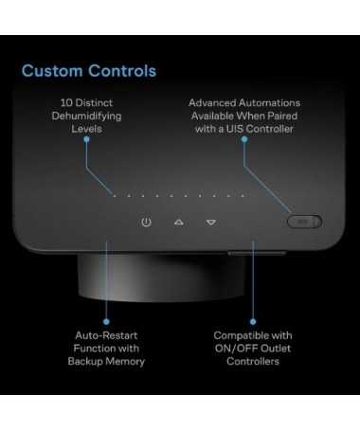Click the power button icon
click(146, 222)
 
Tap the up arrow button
click(179, 223)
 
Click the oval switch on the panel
click(304, 222)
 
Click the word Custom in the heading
click(52, 70)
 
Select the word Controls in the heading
click(122, 70)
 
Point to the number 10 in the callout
click(66, 102)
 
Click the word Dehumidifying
click(86, 116)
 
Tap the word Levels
click(86, 129)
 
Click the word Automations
click(269, 102)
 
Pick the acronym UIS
click(235, 129)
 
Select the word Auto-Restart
click(106, 335)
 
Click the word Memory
click(125, 361)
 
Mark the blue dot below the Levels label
click(86, 139)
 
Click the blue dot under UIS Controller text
click(244, 139)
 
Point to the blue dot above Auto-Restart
click(106, 321)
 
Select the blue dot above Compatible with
click(253, 321)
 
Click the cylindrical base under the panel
click(161, 277)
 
